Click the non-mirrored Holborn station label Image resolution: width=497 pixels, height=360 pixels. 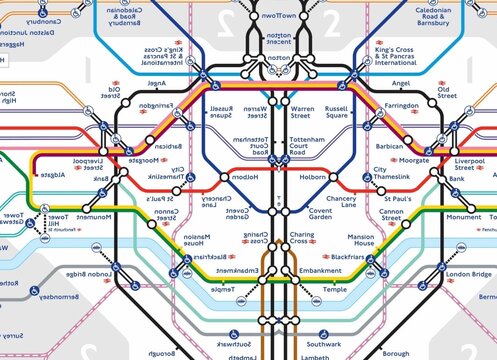[312, 176]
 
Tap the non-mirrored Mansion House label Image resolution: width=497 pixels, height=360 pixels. [360, 243]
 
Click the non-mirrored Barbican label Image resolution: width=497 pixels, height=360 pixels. [388, 146]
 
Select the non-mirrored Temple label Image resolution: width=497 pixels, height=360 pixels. [334, 289]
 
